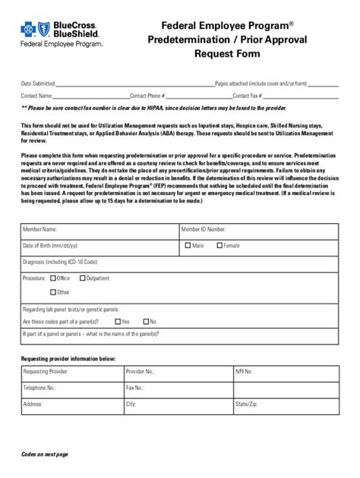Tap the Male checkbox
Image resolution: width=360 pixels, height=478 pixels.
[188, 246]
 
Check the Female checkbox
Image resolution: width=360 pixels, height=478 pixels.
[219, 246]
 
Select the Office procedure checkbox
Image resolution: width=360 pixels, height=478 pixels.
[53, 278]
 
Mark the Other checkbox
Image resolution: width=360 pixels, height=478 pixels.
[53, 292]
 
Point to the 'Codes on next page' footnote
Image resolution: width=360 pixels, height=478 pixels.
[45, 454]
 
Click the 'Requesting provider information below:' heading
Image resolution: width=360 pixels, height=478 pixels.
[69, 357]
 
